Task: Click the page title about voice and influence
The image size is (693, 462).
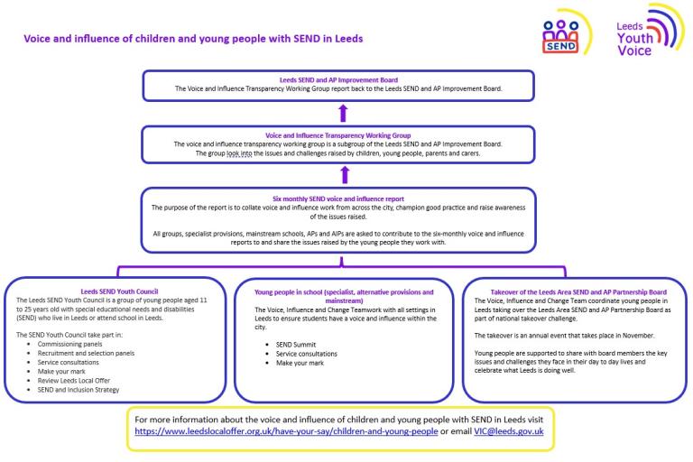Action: point(186,40)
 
